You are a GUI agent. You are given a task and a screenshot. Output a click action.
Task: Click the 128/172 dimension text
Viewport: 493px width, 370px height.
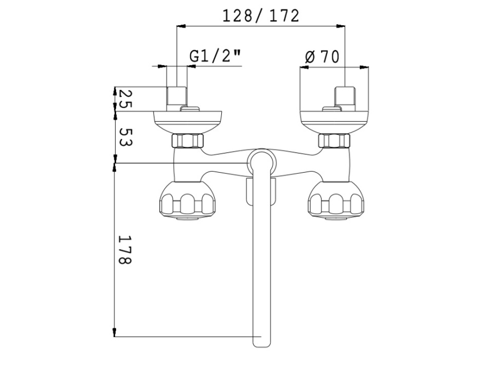coord(261,16)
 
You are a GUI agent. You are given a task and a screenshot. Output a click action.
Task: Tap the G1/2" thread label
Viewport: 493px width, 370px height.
coord(215,57)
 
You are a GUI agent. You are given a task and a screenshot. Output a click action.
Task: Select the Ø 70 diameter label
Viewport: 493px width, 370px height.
coord(323,57)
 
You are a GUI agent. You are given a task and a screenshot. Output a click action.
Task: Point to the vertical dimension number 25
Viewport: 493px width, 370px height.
coord(125,99)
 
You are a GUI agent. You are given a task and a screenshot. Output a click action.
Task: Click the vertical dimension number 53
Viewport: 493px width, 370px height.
coord(126,137)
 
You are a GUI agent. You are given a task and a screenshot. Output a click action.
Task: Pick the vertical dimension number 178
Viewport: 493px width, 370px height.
coord(124,250)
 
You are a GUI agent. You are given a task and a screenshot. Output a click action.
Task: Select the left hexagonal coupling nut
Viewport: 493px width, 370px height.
coord(188,141)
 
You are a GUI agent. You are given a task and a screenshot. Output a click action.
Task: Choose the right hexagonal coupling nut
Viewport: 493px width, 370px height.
coord(334,141)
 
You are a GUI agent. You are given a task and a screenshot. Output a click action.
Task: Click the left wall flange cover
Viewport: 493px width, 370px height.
coord(188,122)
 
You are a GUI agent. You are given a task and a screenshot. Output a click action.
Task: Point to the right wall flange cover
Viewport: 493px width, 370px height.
coord(334,122)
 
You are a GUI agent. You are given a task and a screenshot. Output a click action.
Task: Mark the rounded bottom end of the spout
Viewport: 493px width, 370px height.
coord(261,343)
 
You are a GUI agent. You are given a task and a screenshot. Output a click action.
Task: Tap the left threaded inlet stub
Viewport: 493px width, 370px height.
coord(177,99)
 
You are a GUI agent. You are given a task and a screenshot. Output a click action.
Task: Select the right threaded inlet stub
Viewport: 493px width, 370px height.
coord(345,99)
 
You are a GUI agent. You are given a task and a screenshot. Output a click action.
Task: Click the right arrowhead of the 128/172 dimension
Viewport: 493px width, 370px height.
coord(341,26)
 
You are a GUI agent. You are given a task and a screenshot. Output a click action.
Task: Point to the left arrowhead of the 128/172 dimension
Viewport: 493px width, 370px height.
coord(181,26)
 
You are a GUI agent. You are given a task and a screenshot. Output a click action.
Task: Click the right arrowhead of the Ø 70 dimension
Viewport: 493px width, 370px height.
coord(364,67)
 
